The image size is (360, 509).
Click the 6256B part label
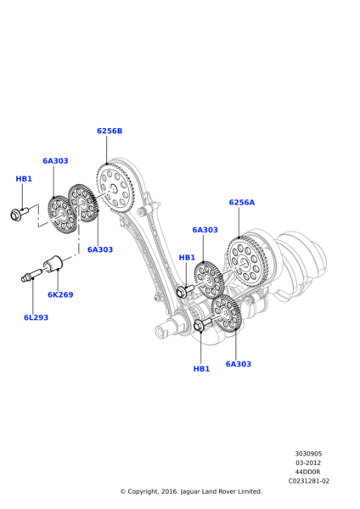(110, 131)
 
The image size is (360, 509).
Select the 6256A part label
(242, 202)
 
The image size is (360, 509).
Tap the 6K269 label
(60, 294)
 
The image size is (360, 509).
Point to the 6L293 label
(36, 317)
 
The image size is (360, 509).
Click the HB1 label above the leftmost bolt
(24, 178)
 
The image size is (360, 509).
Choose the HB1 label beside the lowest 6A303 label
(201, 369)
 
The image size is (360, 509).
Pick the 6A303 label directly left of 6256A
(205, 230)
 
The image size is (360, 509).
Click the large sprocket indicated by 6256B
(115, 188)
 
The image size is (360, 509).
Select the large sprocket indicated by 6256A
(248, 262)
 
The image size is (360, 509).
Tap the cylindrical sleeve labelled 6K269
(53, 264)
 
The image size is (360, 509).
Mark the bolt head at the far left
(15, 215)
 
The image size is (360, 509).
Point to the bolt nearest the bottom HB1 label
(202, 324)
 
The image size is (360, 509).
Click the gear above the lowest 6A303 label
(227, 313)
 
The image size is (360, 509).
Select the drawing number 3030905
(308, 454)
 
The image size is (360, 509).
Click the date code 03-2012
(308, 463)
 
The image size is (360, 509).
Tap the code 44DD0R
(308, 472)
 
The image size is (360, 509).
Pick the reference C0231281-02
(309, 481)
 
